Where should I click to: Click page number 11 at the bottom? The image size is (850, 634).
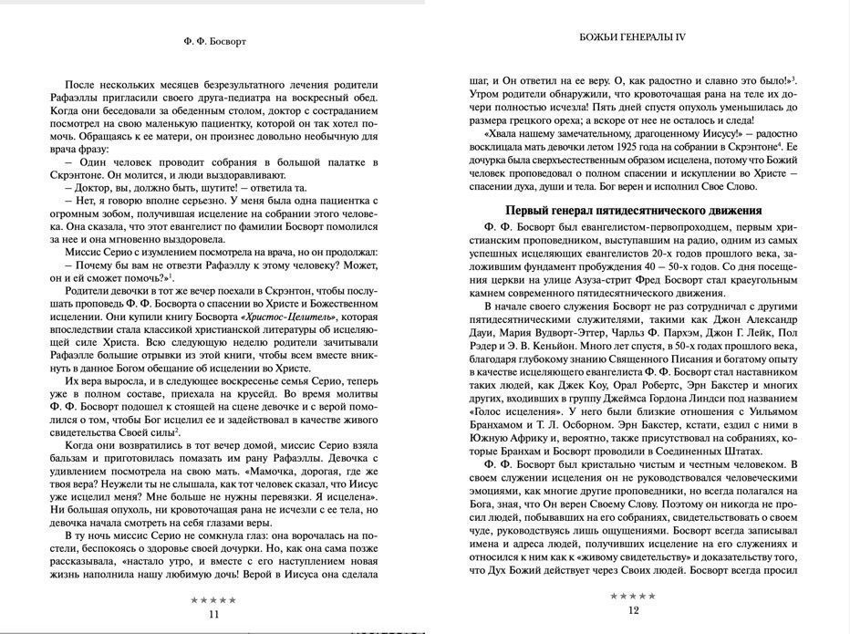pos(214,614)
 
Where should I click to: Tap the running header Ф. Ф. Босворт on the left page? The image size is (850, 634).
pos(214,40)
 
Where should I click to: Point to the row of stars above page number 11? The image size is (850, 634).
pos(214,600)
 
